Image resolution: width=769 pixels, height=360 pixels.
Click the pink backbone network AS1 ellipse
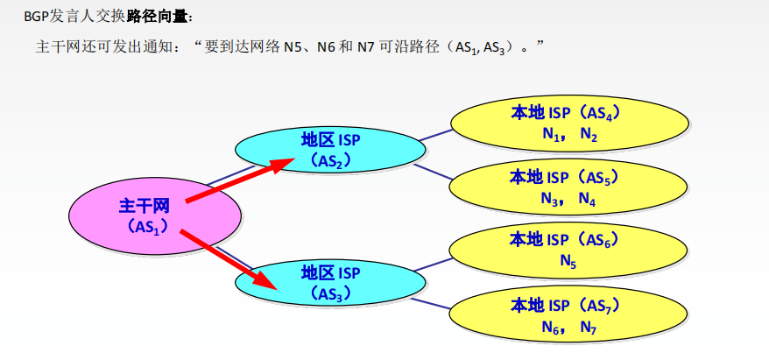155,216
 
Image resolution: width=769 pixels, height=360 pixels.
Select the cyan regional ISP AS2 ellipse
330,150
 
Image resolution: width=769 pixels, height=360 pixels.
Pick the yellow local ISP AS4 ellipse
569,124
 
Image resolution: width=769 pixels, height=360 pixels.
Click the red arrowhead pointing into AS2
282,166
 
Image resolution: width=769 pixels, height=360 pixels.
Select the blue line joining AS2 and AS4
436,135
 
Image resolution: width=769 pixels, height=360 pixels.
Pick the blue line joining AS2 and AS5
433,172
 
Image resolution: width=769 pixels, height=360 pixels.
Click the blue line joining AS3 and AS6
433,264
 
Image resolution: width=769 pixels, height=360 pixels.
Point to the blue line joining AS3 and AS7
431,304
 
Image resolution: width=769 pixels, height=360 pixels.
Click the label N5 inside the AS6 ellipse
568,261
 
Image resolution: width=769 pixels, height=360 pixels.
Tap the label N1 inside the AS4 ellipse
551,134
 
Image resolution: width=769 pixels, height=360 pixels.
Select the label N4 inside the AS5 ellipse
587,198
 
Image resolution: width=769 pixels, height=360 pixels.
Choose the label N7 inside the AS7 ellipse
588,326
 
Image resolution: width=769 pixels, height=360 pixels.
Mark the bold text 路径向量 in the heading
157,18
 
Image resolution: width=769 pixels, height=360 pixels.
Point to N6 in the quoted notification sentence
326,47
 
